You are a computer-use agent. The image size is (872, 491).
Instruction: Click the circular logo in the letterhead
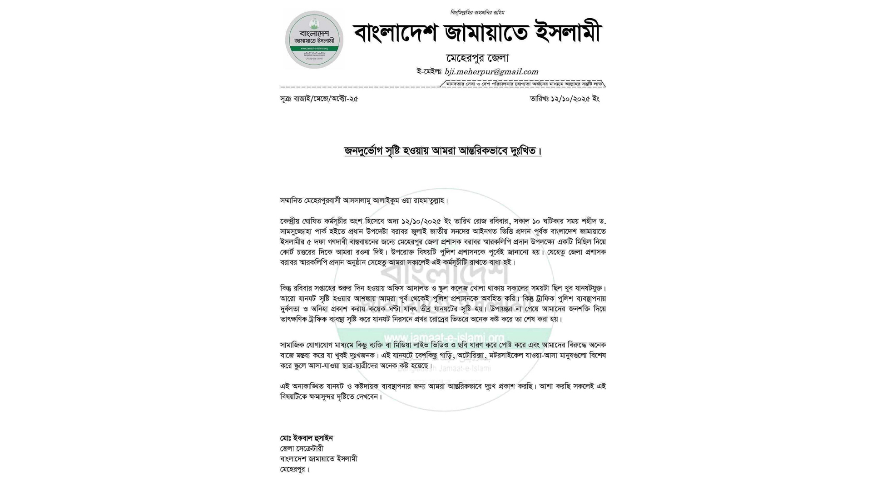click(314, 40)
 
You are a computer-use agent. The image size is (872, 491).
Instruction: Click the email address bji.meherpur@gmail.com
click(491, 72)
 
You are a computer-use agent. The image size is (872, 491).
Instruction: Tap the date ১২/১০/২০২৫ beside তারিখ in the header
click(570, 99)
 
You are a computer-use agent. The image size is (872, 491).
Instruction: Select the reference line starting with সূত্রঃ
click(319, 99)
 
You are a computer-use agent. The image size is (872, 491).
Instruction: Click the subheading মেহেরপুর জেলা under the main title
click(477, 58)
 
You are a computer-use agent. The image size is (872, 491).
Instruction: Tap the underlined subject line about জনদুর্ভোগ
click(443, 150)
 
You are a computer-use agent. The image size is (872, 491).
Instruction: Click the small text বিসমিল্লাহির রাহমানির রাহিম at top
click(477, 12)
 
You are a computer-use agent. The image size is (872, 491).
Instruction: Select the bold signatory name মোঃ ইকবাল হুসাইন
click(307, 438)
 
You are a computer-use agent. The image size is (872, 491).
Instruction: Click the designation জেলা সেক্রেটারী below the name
click(302, 449)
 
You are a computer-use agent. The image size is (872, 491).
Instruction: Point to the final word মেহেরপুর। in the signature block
click(294, 469)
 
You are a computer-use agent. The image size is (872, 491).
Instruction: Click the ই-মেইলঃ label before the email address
click(429, 72)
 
